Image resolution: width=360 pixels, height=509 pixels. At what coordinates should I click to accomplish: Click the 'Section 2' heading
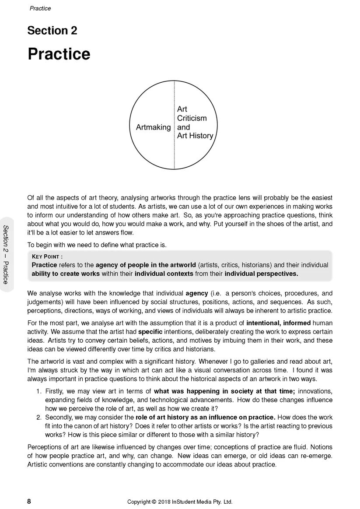(x=52, y=31)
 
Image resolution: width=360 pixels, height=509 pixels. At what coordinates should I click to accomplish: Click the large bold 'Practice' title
(x=59, y=54)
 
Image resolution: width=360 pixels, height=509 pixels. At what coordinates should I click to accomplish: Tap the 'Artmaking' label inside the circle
(x=153, y=127)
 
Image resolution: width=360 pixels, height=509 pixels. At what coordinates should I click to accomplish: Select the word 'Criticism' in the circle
(x=192, y=118)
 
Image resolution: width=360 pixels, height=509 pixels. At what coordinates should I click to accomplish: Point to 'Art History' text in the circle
(x=195, y=136)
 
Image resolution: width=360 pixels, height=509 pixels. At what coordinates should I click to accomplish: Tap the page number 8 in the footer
(x=29, y=502)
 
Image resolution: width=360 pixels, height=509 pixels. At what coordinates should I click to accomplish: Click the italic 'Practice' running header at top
(x=40, y=8)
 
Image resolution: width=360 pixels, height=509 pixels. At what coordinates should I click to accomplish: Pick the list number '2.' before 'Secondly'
(x=39, y=417)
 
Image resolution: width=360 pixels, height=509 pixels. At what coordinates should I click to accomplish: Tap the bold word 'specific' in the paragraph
(x=150, y=332)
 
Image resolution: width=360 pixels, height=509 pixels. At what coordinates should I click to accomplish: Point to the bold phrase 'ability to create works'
(x=67, y=274)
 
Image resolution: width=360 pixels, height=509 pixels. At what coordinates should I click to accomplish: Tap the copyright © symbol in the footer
(x=154, y=502)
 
